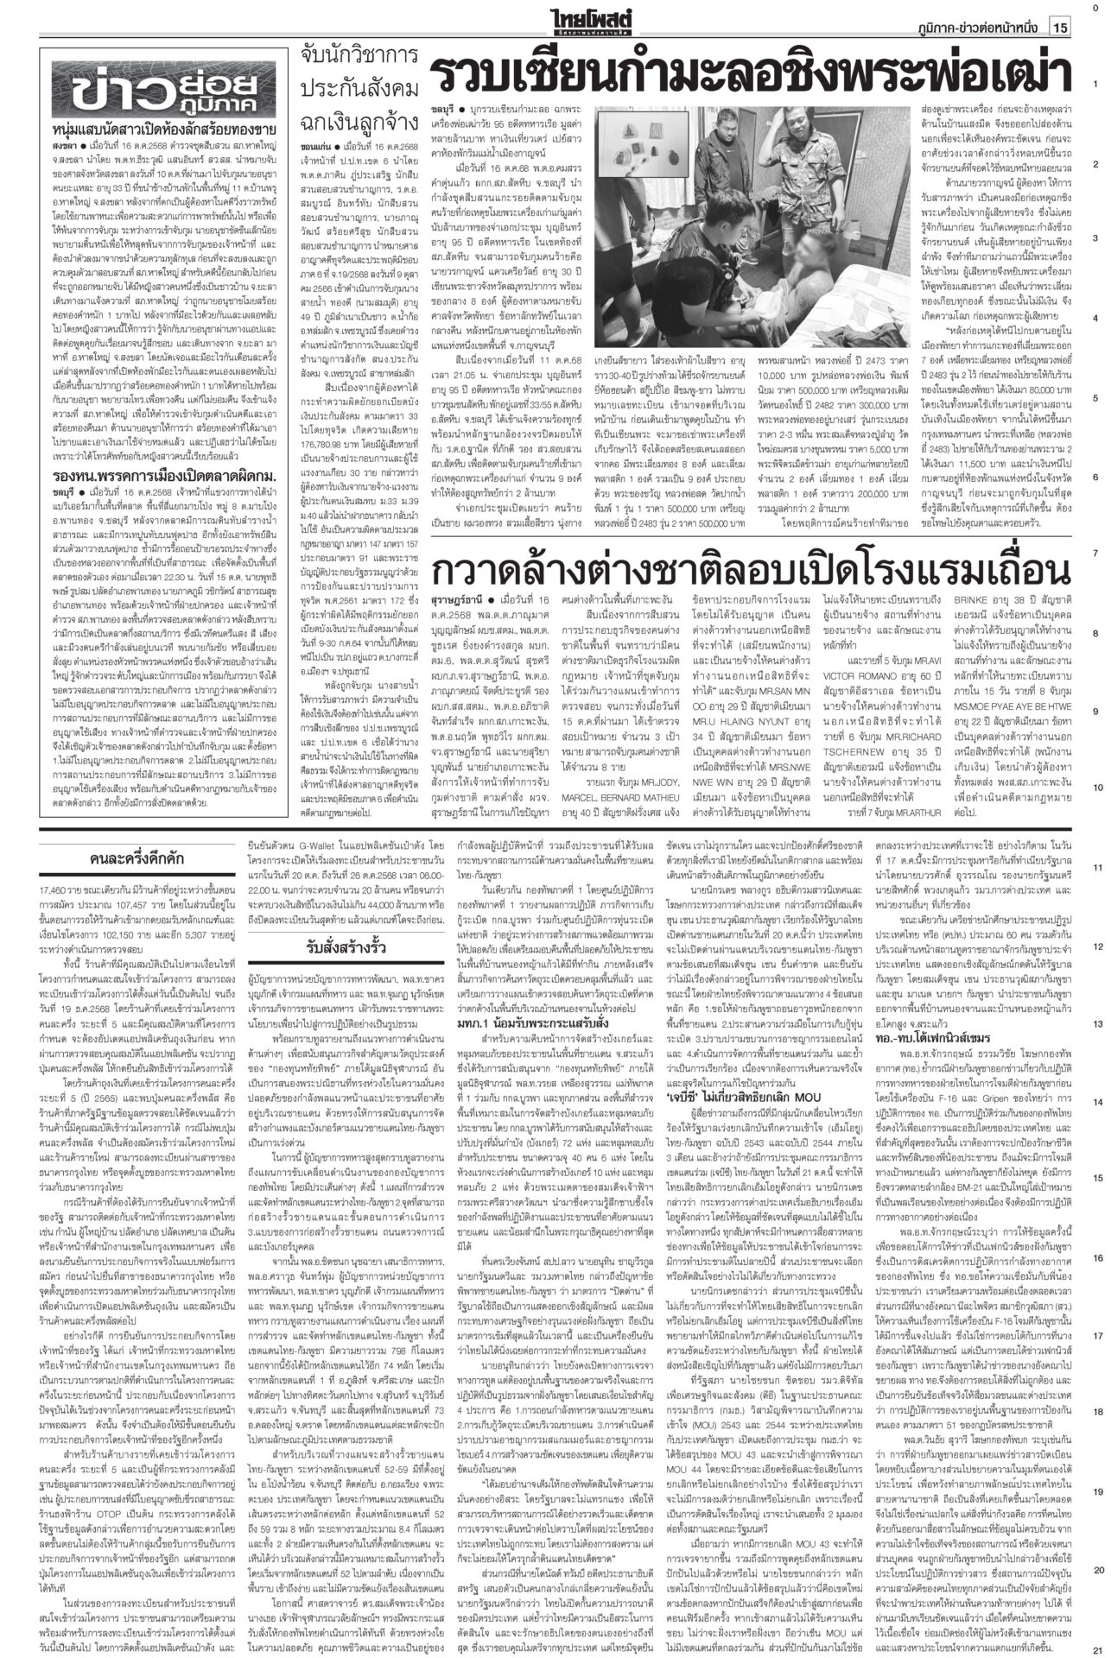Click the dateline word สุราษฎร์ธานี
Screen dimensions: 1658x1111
(455, 598)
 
